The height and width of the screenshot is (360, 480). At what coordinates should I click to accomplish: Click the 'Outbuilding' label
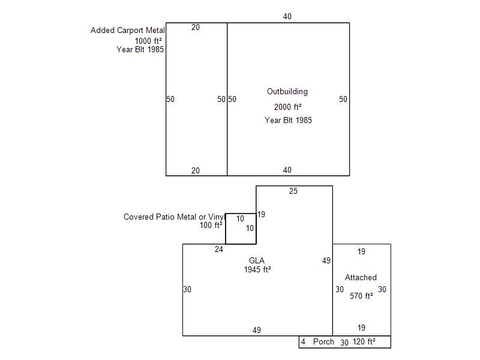point(287,92)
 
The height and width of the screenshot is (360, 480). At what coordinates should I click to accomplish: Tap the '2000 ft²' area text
point(288,107)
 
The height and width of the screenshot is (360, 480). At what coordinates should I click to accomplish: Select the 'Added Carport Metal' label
point(128,31)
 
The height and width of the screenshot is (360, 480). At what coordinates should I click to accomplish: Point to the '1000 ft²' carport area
point(148,41)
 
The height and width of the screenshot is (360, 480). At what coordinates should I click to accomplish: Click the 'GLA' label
point(257,260)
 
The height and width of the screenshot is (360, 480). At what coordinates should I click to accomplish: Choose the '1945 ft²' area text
point(257,269)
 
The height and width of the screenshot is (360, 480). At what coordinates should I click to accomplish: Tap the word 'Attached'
point(361,277)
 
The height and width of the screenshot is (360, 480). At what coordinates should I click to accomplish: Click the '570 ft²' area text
point(361,296)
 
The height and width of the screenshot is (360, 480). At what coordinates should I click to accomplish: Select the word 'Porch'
point(323,341)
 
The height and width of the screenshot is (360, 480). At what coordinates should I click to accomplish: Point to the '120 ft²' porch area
point(364,341)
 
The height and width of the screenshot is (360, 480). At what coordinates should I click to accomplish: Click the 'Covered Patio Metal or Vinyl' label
point(174,217)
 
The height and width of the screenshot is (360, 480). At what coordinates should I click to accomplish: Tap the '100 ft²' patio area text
point(211,226)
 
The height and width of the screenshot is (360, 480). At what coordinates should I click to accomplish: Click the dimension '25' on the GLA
point(293,191)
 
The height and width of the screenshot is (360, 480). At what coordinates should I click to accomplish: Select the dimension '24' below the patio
point(219,249)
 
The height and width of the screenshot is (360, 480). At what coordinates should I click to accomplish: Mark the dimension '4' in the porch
point(303,341)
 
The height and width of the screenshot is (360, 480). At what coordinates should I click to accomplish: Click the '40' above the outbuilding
point(287,17)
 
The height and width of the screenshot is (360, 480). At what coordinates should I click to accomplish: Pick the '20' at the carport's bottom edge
point(196,170)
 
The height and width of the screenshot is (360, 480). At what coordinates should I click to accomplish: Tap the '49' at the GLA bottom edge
point(257,330)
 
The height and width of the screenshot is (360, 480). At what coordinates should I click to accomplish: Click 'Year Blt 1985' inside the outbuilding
point(288,120)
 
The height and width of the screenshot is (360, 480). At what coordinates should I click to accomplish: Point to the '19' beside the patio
point(261,214)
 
